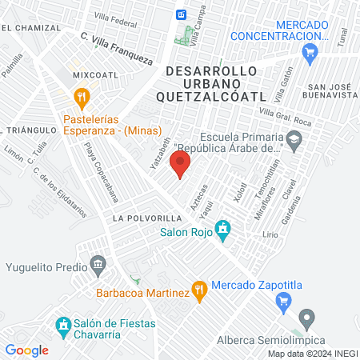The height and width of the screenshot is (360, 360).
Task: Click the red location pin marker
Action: tap(180, 165)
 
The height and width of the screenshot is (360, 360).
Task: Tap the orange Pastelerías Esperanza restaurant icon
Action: tap(81, 98)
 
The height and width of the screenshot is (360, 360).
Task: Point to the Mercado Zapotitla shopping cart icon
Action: tap(282, 301)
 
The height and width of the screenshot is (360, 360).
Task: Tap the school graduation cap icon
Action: tap(294, 141)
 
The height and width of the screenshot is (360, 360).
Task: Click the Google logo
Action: tap(26, 350)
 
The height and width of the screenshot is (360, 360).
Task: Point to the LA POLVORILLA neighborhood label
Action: tap(142, 218)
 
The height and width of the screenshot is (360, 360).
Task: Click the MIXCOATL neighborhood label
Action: tap(95, 74)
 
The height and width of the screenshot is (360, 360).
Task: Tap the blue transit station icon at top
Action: tap(182, 14)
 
